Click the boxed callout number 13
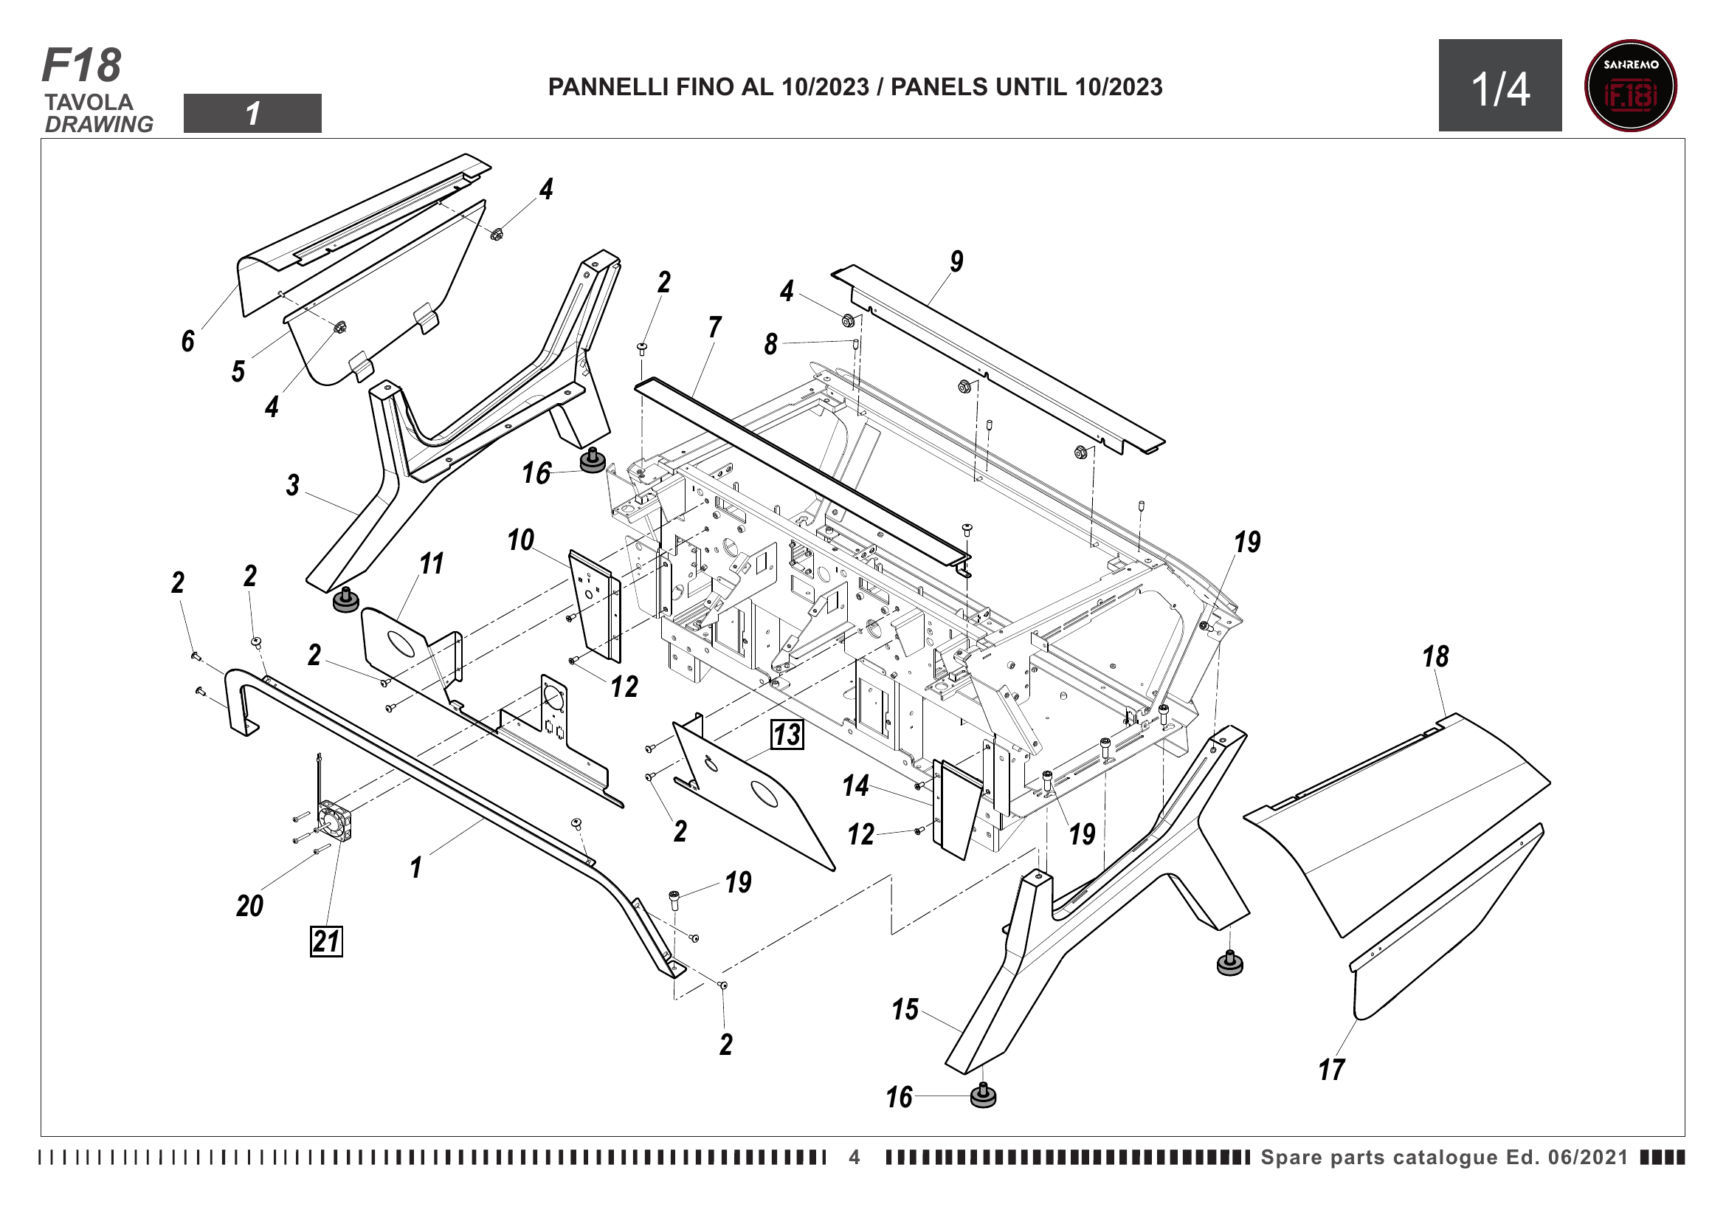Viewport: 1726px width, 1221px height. pyautogui.click(x=787, y=735)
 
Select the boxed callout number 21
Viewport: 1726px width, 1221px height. pyautogui.click(x=326, y=940)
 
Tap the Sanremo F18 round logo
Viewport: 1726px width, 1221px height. pyautogui.click(x=1631, y=86)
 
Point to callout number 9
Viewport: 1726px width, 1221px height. pyautogui.click(x=956, y=261)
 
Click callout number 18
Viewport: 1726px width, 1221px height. pyautogui.click(x=1435, y=656)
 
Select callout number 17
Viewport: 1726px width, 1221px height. pyautogui.click(x=1331, y=1069)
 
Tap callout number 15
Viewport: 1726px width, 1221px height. pyautogui.click(x=905, y=1009)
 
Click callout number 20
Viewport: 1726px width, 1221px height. pyautogui.click(x=249, y=905)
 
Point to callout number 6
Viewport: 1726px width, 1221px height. pyautogui.click(x=188, y=340)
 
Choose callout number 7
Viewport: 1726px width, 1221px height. pyautogui.click(x=714, y=326)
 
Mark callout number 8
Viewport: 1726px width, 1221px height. pyautogui.click(x=770, y=343)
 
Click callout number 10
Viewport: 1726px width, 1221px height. pyautogui.click(x=520, y=539)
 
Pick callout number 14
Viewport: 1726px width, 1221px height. pyautogui.click(x=855, y=785)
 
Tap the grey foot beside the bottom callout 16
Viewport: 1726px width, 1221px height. pyautogui.click(x=983, y=1096)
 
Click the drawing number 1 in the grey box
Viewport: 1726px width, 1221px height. pyautogui.click(x=252, y=114)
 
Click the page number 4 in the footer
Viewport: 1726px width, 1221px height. pyautogui.click(x=855, y=1157)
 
